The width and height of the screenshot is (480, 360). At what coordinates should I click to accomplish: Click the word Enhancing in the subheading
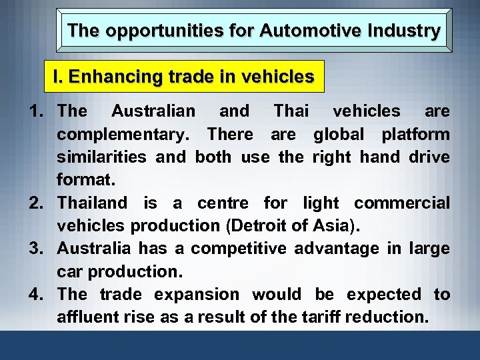pos(108,77)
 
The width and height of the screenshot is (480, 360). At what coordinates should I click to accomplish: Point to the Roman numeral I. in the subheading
pos(58,77)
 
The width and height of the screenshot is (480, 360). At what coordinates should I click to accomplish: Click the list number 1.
pos(37,111)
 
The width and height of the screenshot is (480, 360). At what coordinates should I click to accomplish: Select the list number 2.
pos(37,203)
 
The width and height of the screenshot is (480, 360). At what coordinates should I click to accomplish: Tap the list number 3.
pos(37,249)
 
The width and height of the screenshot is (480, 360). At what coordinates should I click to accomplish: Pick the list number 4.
pos(37,295)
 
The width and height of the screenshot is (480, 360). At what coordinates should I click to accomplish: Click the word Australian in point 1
pos(153,111)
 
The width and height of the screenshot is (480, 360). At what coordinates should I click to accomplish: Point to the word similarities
pos(103,157)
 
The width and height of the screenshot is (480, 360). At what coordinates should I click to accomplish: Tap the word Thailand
pos(92,203)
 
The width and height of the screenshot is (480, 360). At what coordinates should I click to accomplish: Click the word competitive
pos(234,249)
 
